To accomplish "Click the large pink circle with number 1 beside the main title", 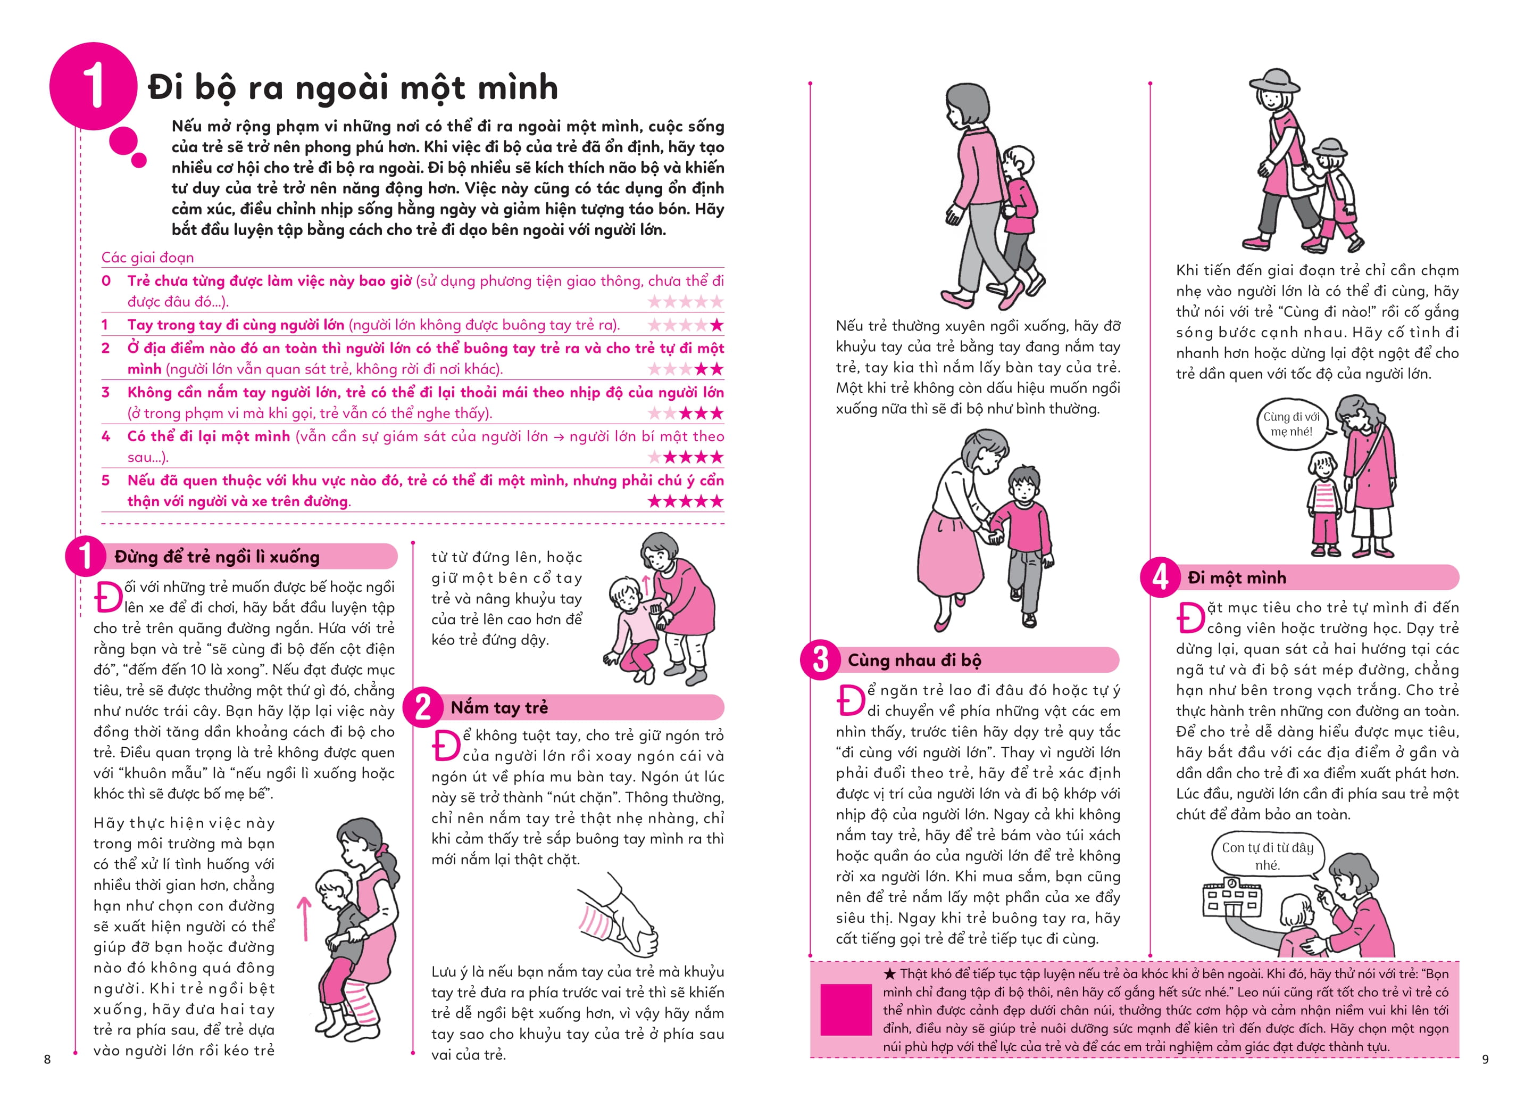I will click(93, 87).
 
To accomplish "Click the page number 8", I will click(47, 1059).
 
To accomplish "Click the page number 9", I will click(1485, 1059).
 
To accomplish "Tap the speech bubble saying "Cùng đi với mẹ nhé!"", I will click(1290, 425).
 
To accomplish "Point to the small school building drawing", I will click(1231, 899).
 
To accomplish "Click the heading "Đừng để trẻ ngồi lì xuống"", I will click(216, 557).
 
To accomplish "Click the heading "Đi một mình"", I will click(1236, 577).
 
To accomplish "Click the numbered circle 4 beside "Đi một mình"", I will click(1160, 577).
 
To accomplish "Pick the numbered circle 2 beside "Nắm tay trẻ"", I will click(423, 707).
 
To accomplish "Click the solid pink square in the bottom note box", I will click(846, 1010).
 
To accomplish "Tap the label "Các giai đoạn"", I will click(147, 258).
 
